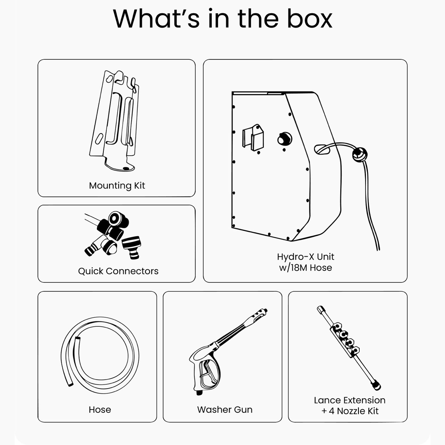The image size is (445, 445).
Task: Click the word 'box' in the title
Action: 309,19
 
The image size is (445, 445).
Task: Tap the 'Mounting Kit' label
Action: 117,185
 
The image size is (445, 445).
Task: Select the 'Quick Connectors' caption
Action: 118,271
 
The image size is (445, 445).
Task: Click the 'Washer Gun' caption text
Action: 225,410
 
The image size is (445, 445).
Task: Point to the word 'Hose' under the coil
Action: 100,410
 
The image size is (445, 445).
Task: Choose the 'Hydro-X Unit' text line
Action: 305,257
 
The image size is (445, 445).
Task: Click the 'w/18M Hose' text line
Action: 305,268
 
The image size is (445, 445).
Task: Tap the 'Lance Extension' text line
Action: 350,400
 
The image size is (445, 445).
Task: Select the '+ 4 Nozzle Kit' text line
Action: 350,411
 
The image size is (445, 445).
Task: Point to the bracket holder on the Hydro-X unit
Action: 253,137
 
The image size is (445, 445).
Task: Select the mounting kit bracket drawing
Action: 115,121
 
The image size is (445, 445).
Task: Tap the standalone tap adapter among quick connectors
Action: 131,247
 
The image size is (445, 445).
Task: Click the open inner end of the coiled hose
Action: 77,339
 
